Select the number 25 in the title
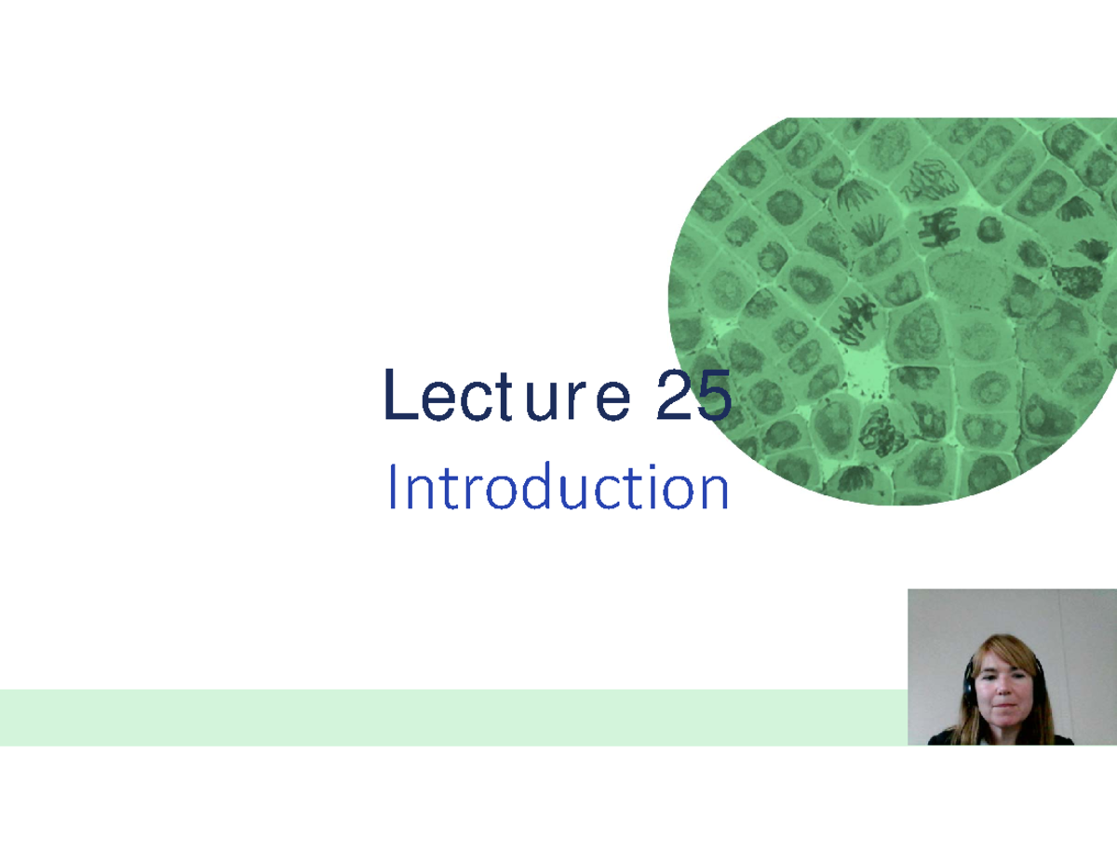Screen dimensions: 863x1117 pos(693,396)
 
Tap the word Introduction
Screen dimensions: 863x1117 pos(558,488)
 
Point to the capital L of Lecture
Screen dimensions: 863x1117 pos(399,396)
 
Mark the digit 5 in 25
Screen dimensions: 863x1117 pos(713,396)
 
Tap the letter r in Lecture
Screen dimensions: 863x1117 pos(576,399)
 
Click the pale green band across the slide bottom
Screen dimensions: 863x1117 pos(447,717)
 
